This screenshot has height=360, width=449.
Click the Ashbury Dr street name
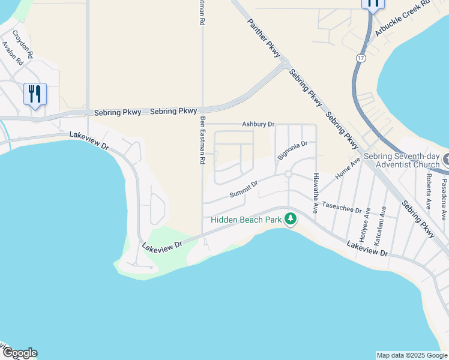click(258, 124)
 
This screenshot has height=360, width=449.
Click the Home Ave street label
click(348, 167)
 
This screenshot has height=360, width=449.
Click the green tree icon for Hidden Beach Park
click(291, 219)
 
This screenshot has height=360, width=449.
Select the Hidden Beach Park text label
click(246, 220)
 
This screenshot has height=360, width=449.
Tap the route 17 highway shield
click(360, 58)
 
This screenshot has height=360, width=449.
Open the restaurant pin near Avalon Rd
click(35, 95)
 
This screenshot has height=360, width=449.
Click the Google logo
click(19, 353)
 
